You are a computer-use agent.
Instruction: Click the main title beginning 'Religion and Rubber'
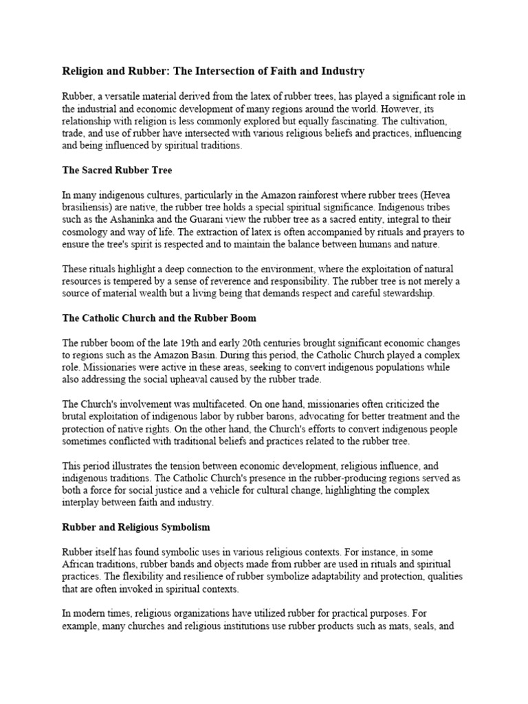click(213, 71)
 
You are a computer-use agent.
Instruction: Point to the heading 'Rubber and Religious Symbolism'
click(137, 528)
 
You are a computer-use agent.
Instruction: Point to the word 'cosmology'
click(83, 232)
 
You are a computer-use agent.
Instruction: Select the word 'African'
click(80, 565)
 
